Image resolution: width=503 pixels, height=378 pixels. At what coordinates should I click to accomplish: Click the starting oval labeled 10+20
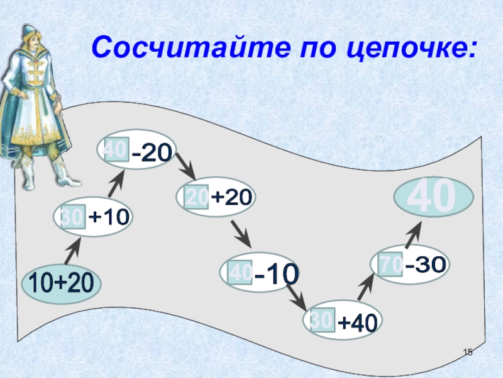pos(57,284)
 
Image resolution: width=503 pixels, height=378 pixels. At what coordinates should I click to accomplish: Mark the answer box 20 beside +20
pos(197,197)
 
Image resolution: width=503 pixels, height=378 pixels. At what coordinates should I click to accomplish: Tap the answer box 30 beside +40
pos(321,321)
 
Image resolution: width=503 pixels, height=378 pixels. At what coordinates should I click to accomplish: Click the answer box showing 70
pos(390,265)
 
